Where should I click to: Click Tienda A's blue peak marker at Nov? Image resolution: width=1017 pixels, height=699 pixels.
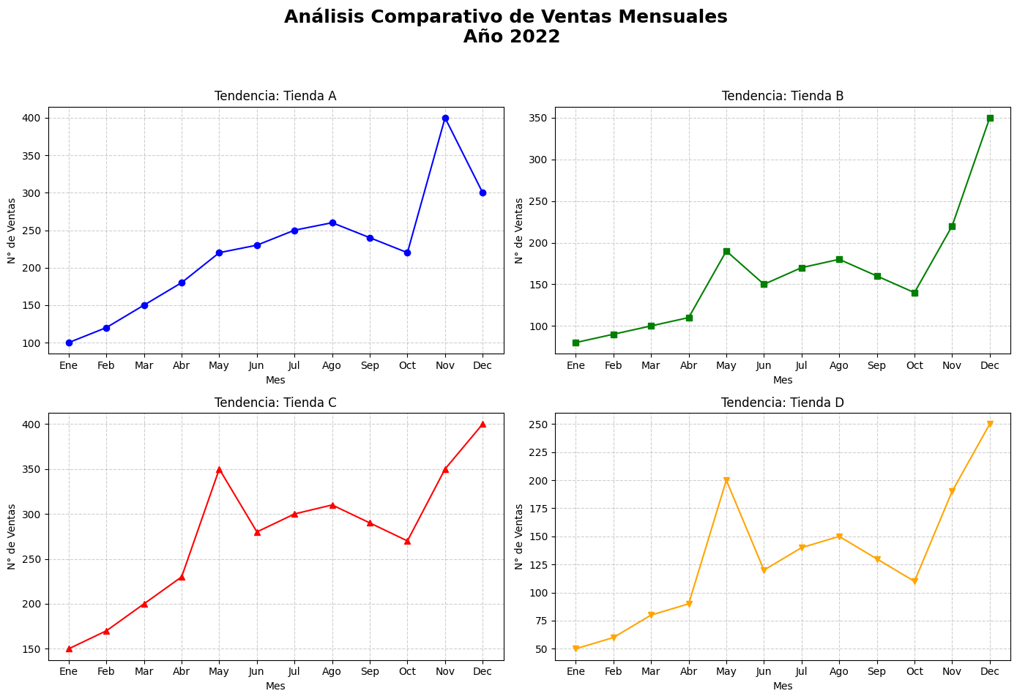point(445,118)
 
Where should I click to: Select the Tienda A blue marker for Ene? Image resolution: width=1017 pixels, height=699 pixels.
point(69,343)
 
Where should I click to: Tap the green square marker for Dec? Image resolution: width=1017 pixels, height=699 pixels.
point(990,118)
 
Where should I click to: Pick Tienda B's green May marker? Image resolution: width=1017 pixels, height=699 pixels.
point(726,251)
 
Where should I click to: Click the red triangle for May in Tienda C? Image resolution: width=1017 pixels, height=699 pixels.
point(219,469)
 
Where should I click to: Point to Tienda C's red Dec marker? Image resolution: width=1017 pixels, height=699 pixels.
point(483,424)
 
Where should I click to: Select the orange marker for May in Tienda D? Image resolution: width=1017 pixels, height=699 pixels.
point(726,481)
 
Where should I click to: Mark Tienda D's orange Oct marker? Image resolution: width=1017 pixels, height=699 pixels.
point(914,581)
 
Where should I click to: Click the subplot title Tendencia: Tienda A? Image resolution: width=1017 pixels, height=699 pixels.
point(275,96)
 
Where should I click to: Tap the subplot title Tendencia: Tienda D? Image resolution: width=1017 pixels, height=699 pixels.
point(782,403)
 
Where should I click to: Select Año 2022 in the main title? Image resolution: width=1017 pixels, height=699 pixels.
point(511,37)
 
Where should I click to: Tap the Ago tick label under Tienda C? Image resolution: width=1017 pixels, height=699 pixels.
point(332,671)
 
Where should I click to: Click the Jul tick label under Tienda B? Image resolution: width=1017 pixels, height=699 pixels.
point(802,365)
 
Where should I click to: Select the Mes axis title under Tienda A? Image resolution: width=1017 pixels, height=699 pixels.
point(275,380)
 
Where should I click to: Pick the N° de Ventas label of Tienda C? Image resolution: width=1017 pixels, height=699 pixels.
point(12,537)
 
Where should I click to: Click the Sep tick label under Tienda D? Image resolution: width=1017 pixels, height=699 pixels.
point(877,671)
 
